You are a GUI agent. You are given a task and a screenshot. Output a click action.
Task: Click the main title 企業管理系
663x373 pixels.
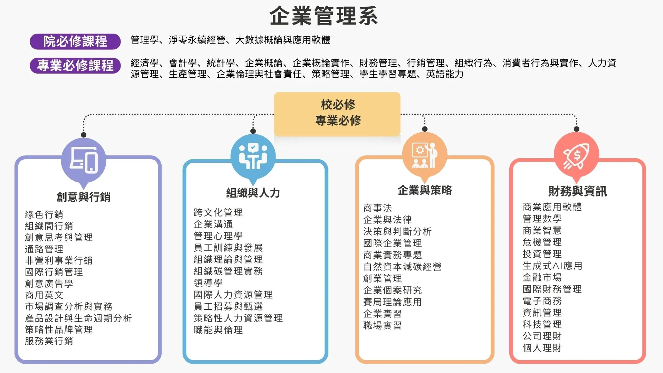(x=324, y=16)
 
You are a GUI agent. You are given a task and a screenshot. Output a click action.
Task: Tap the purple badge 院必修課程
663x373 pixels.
(x=75, y=41)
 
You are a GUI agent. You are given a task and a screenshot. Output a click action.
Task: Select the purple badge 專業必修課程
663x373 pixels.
(x=75, y=65)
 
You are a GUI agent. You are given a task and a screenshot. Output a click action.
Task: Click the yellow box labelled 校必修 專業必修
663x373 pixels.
(x=337, y=114)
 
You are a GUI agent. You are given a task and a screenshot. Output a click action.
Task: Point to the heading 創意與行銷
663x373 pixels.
(x=84, y=197)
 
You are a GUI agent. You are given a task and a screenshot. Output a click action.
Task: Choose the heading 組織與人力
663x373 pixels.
(x=253, y=193)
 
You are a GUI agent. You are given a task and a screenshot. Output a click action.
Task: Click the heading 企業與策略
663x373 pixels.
(x=425, y=190)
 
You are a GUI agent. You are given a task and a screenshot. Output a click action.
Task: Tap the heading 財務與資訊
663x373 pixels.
(x=577, y=191)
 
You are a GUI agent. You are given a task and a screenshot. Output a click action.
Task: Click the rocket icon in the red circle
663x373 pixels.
(x=576, y=156)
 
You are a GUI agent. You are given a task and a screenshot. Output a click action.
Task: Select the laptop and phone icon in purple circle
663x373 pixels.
(x=84, y=160)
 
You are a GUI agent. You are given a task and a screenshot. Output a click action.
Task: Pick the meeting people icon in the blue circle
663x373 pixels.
(x=253, y=156)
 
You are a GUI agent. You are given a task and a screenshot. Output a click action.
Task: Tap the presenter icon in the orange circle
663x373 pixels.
(x=425, y=155)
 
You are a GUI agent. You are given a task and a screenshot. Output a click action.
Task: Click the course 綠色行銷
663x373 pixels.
(x=44, y=214)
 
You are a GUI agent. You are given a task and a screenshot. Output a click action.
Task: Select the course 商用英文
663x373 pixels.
(x=44, y=295)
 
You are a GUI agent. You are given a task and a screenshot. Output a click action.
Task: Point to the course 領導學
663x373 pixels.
(x=208, y=283)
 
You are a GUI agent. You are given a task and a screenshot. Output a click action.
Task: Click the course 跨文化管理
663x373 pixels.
(x=218, y=212)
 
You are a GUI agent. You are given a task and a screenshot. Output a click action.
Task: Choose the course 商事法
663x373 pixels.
(x=377, y=208)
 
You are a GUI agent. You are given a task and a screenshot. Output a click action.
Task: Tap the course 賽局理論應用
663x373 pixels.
(x=392, y=302)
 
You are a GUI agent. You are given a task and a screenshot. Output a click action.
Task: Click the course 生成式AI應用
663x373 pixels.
(x=552, y=266)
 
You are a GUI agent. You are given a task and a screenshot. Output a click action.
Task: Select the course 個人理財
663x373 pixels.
(x=542, y=348)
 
